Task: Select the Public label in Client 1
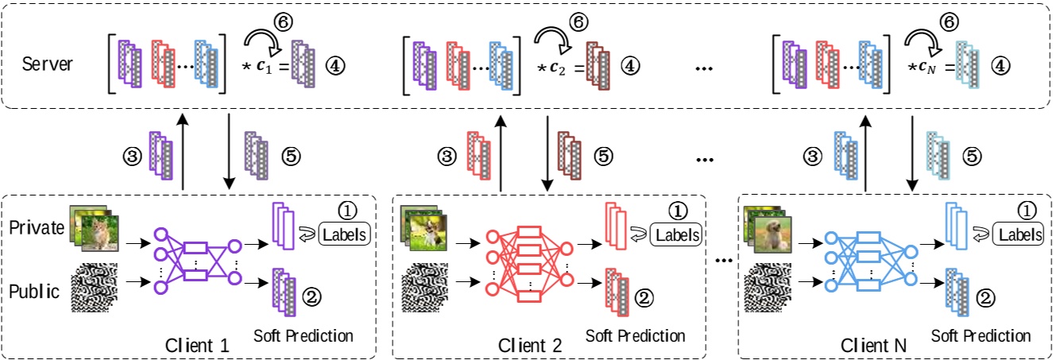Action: coord(34,291)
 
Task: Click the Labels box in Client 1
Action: coord(345,234)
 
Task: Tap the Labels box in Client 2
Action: coord(676,234)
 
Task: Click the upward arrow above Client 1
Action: coord(184,151)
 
